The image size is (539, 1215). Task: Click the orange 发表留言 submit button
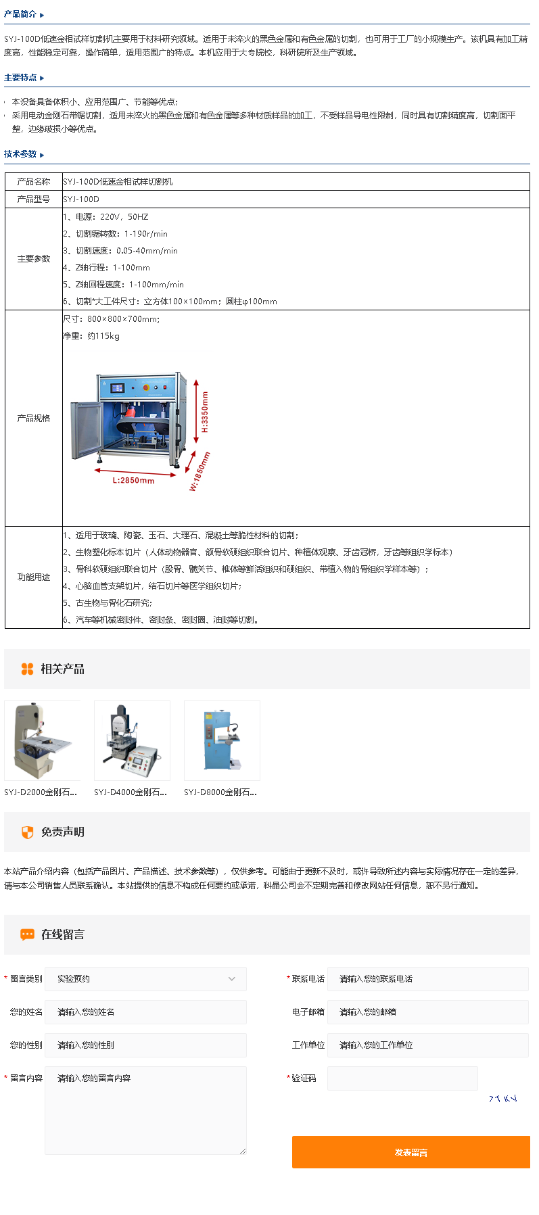[x=411, y=1152]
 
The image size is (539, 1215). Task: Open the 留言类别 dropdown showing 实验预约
[x=145, y=979]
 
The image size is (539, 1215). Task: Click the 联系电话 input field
[x=427, y=979]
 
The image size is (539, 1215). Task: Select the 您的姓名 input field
[x=145, y=1012]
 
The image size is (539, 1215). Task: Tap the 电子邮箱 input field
[x=427, y=1012]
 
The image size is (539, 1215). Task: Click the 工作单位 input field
[x=427, y=1045]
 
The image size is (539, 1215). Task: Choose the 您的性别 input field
[x=145, y=1045]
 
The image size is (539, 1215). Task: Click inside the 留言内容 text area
[x=145, y=1110]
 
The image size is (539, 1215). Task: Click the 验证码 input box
[x=402, y=1078]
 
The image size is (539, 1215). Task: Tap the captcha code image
[x=502, y=1099]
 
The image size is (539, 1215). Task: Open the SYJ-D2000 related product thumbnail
[x=43, y=740]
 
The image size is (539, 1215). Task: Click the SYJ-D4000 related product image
[x=132, y=740]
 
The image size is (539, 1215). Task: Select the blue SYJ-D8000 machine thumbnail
[x=222, y=740]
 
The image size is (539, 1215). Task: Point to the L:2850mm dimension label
[x=133, y=481]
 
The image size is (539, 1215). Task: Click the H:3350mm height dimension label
[x=205, y=412]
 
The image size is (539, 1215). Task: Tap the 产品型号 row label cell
[x=34, y=199]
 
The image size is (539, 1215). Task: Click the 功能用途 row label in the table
[x=34, y=577]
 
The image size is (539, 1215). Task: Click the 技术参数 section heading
[x=20, y=154]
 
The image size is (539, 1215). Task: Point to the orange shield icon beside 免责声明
[x=27, y=832]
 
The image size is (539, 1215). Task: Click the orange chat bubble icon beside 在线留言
[x=27, y=934]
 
